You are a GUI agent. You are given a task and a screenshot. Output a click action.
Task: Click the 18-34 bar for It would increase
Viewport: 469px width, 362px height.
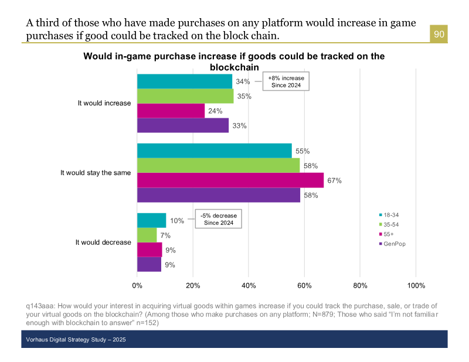pos(185,81)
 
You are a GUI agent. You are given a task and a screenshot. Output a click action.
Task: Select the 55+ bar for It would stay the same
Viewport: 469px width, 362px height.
pos(230,180)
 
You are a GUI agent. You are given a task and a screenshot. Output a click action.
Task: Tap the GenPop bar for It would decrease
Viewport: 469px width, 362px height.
pos(149,265)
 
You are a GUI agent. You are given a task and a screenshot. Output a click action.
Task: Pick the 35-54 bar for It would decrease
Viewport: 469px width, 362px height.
pos(147,235)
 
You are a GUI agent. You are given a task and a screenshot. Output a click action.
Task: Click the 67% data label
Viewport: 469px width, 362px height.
pos(334,180)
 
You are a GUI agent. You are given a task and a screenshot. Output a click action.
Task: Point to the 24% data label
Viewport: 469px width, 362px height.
pos(215,111)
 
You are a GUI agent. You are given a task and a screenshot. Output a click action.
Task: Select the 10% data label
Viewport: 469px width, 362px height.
pos(178,221)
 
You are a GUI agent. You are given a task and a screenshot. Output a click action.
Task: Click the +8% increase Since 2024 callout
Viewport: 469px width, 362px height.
pos(286,81)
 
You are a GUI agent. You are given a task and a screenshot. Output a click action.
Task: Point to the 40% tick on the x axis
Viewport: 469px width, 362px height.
pos(249,285)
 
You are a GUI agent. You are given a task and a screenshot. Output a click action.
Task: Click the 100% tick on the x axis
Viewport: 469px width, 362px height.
pos(416,285)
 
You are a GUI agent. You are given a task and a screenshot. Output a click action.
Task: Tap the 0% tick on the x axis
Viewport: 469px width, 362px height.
pos(137,285)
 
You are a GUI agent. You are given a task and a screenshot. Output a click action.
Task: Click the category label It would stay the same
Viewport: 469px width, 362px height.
pos(96,173)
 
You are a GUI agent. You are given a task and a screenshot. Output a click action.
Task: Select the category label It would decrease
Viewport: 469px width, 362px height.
pos(103,243)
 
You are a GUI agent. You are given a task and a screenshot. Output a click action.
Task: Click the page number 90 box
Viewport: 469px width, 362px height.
pos(439,35)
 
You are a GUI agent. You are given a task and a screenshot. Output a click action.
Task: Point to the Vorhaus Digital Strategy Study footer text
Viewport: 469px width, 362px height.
pos(76,340)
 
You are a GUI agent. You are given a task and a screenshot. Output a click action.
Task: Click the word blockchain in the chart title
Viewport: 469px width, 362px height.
pos(234,67)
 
